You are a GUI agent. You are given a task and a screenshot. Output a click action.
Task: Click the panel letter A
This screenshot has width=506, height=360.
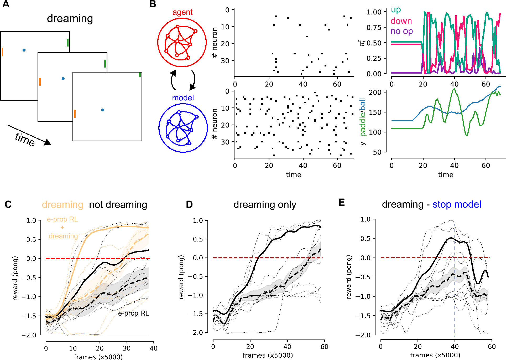pos(6,4)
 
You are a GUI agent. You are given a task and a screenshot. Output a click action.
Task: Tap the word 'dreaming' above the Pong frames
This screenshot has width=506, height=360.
pos(70,19)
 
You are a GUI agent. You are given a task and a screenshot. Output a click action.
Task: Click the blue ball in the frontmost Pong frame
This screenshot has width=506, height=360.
pos(103,110)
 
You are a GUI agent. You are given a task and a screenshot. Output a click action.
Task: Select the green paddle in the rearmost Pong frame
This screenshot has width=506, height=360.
pos(68,43)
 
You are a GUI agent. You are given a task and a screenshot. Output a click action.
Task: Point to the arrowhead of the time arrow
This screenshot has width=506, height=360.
pos(48,142)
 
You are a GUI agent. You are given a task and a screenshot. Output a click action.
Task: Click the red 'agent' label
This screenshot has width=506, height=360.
pos(182,12)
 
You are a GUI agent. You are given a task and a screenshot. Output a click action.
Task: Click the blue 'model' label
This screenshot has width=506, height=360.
pos(183,98)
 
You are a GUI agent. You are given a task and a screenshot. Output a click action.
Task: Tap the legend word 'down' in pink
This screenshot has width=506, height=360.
pos(401,21)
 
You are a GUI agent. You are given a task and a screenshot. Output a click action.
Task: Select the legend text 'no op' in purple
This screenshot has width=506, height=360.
pos(401,31)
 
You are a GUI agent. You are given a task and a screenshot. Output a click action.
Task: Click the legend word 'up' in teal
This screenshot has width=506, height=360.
pos(396,10)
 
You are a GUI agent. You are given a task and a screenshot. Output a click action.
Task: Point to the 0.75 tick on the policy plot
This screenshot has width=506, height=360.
pos(374,28)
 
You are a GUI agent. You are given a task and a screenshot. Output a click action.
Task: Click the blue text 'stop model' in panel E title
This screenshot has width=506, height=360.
pos(457,204)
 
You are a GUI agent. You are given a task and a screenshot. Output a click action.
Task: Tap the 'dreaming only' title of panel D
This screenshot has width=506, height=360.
pos(265,205)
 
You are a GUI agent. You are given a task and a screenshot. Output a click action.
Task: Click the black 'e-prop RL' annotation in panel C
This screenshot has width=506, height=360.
pos(133,313)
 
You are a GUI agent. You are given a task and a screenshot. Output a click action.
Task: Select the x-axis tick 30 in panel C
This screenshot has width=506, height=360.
pos(127,348)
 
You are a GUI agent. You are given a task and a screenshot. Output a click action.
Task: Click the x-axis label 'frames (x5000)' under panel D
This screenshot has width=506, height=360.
pos(268,355)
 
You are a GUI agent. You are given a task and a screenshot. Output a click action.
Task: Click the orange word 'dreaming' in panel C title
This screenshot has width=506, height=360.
pos(62,205)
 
